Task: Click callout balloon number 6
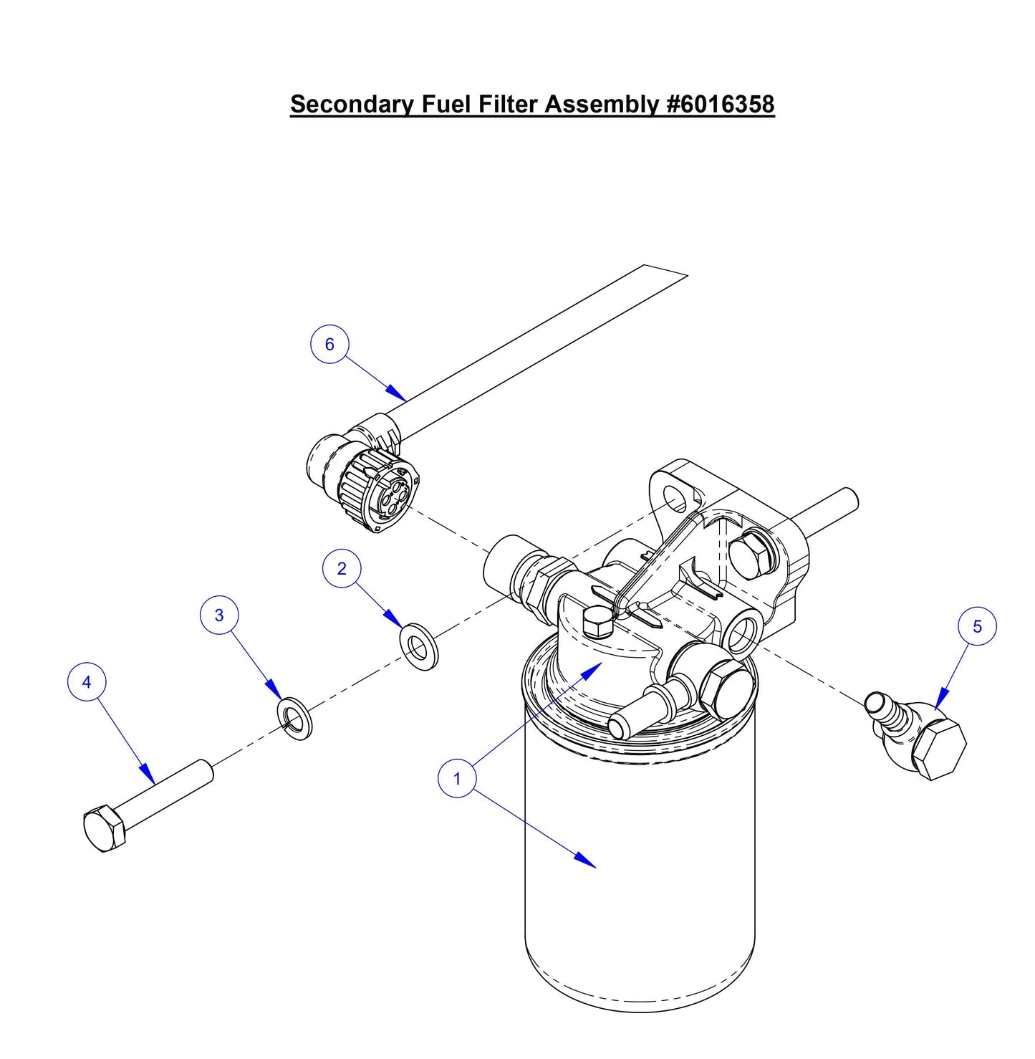(x=329, y=345)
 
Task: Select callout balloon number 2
(x=341, y=569)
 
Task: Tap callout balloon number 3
(x=219, y=615)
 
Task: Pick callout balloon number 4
(x=87, y=682)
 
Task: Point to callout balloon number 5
(x=977, y=627)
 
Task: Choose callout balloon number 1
(x=457, y=778)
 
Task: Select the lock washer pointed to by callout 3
(x=294, y=717)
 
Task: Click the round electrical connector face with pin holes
(x=394, y=496)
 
